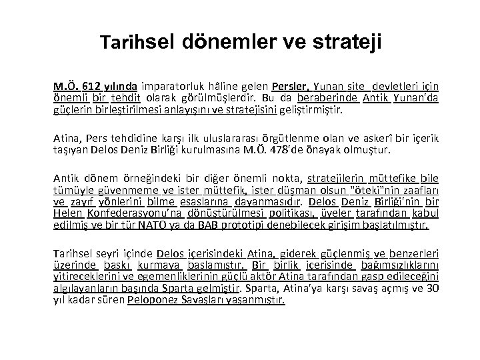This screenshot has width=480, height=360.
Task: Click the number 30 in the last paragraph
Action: [431, 289]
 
